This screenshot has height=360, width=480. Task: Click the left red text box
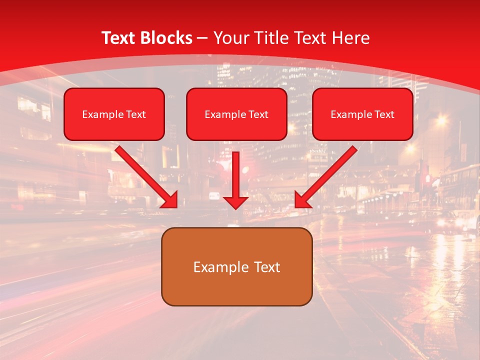click(114, 128)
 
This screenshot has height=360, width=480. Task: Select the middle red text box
click(236, 128)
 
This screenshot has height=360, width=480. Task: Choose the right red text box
click(362, 128)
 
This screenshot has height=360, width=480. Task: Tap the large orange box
click(236, 287)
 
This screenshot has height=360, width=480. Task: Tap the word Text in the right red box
click(384, 114)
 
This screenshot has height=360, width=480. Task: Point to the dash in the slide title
click(202, 38)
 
